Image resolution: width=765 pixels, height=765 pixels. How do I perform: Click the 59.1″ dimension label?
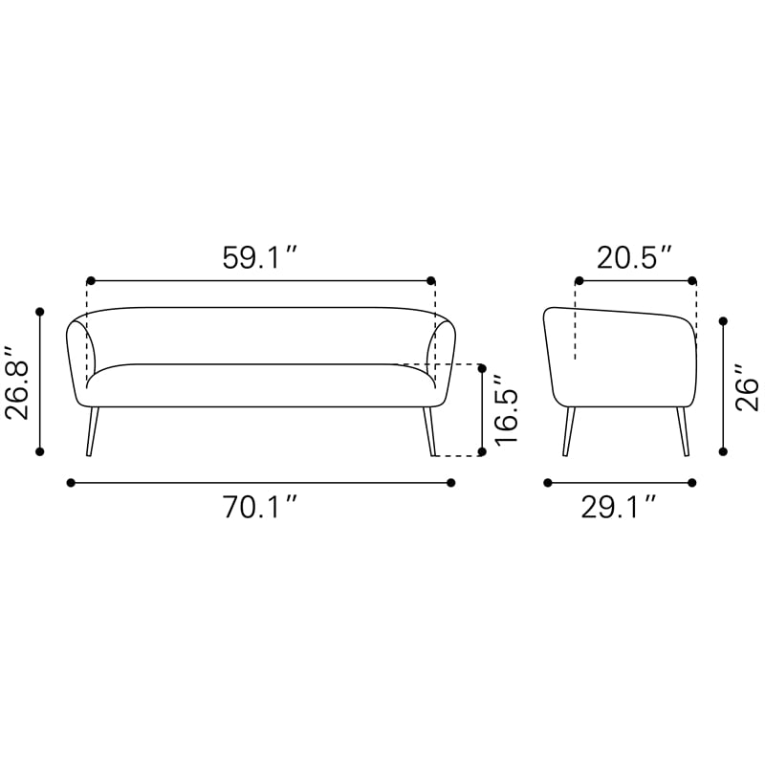(x=259, y=257)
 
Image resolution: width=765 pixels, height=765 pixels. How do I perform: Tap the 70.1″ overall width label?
(x=260, y=507)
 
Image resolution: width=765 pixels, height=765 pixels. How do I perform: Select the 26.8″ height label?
(x=17, y=382)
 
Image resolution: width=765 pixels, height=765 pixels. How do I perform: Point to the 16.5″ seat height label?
(x=506, y=410)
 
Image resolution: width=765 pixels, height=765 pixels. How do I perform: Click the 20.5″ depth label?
(x=635, y=257)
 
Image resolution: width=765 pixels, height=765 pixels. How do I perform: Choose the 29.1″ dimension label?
(x=618, y=507)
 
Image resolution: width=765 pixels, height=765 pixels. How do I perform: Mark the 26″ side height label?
(x=748, y=387)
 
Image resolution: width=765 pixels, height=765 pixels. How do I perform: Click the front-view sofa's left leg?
(x=92, y=431)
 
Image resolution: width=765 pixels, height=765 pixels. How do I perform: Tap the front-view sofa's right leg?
(x=428, y=431)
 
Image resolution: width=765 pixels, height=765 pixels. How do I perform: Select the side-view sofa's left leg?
(x=568, y=431)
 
